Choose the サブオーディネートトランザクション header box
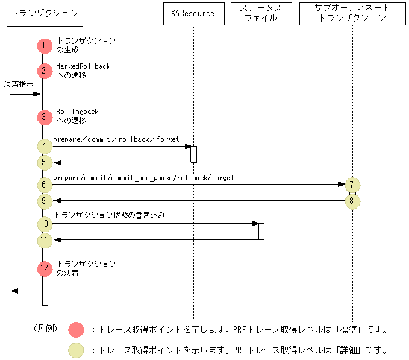click(x=352, y=13)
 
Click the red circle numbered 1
click(x=44, y=45)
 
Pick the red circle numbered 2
click(x=44, y=71)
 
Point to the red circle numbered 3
click(x=44, y=117)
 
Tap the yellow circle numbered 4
click(x=44, y=146)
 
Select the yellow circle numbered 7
click(x=353, y=185)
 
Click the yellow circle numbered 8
click(x=353, y=201)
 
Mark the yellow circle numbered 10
click(x=44, y=224)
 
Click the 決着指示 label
click(x=19, y=84)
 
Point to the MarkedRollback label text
click(x=83, y=66)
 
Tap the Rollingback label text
click(x=77, y=112)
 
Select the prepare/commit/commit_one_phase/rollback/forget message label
click(x=143, y=178)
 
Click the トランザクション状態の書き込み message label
click(x=110, y=215)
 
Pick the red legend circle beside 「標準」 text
click(x=76, y=329)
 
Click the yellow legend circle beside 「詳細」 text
click(x=76, y=350)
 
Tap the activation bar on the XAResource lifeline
click(x=194, y=154)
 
